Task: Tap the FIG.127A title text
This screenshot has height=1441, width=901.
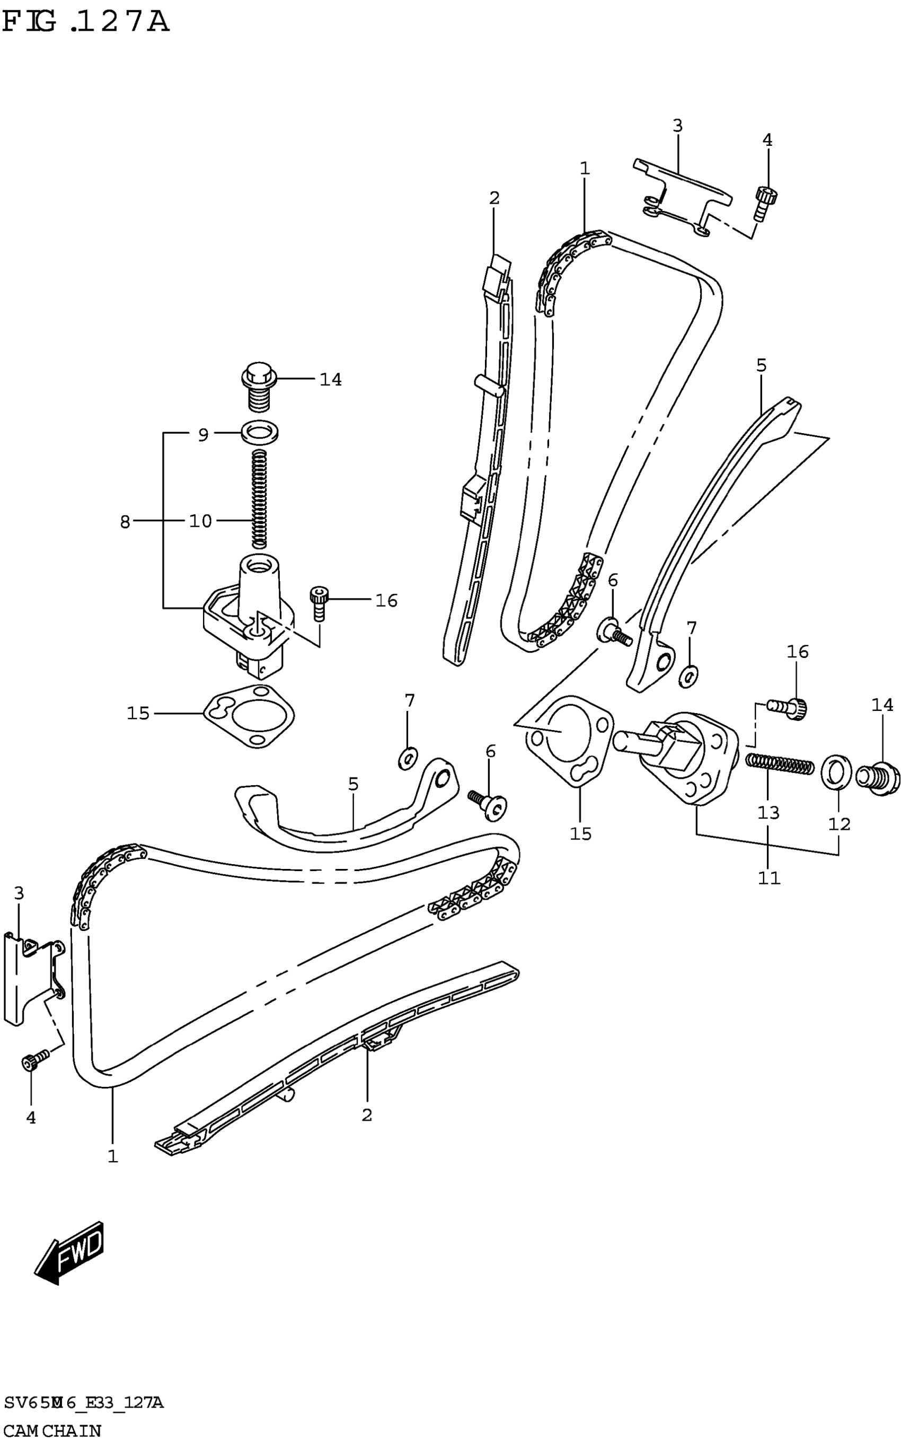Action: (86, 23)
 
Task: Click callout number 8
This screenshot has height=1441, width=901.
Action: (125, 522)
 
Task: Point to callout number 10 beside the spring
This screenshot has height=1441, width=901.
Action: (200, 521)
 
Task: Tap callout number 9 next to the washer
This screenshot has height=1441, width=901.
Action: (203, 435)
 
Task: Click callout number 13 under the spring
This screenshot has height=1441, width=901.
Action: (768, 812)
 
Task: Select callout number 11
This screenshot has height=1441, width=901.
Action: (768, 877)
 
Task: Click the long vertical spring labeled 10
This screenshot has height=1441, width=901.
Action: (258, 498)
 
